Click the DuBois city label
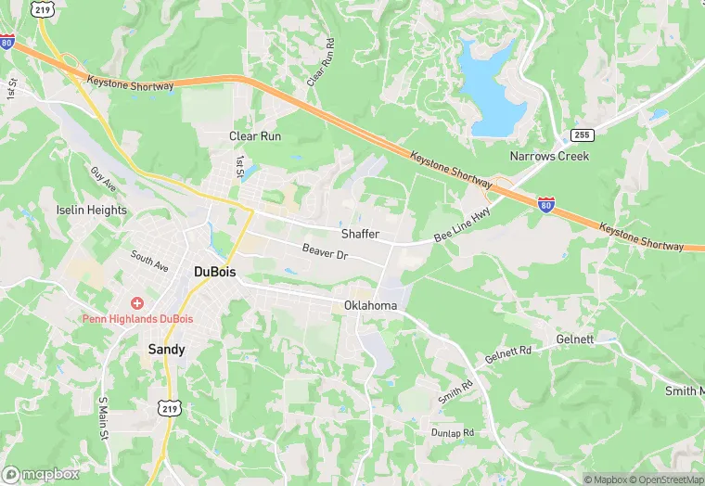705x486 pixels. pos(213,271)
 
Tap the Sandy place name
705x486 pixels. pos(167,350)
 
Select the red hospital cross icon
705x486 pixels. pos(137,303)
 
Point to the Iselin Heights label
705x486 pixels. pos(91,210)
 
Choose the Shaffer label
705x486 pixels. pos(360,234)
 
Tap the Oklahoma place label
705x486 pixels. pos(370,305)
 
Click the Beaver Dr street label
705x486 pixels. pos(325,251)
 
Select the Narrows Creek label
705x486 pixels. pos(549,156)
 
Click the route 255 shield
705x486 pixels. pos(582,135)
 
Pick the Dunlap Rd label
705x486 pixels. pos(452,433)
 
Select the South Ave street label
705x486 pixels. pos(149,261)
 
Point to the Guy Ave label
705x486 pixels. pos(105,180)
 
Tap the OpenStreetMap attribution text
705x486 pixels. pos(664,480)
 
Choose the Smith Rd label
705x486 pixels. pos(456,390)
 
